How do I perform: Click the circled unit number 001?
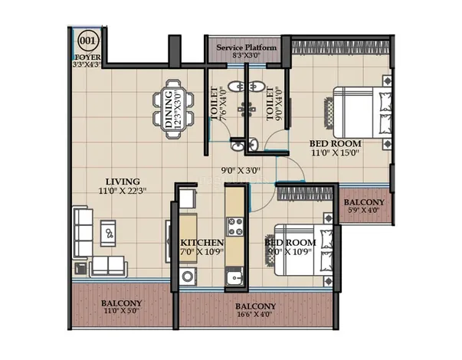click(x=87, y=41)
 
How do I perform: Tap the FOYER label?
click(x=87, y=57)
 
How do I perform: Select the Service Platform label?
click(x=247, y=47)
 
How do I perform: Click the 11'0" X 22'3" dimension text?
click(x=123, y=191)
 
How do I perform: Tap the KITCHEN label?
click(x=202, y=243)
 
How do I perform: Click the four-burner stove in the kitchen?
click(x=234, y=227)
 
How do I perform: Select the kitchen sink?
click(x=234, y=277)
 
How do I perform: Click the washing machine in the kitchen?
click(x=188, y=277)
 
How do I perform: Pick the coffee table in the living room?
click(x=108, y=233)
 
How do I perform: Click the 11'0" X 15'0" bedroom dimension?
click(x=336, y=153)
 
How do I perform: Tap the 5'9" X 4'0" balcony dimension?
click(x=365, y=211)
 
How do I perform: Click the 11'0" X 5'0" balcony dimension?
click(x=121, y=311)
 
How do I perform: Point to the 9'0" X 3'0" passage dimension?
click(x=241, y=170)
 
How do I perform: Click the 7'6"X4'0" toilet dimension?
click(x=223, y=103)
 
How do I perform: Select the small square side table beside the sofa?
click(x=80, y=268)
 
